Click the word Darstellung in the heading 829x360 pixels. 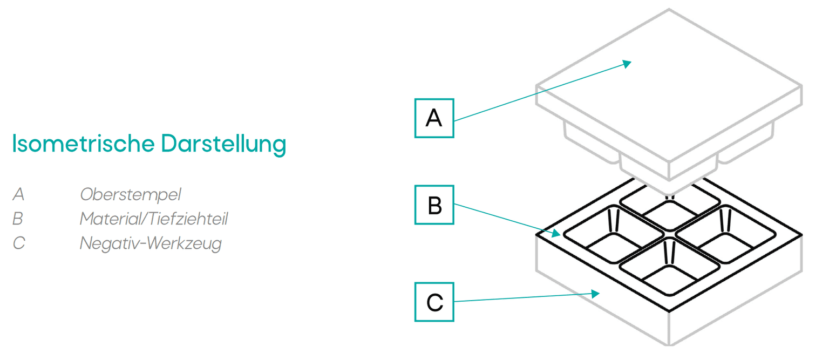pyautogui.click(x=223, y=145)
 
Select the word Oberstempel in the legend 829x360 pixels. pyautogui.click(x=130, y=194)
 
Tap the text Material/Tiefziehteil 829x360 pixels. pyautogui.click(x=154, y=219)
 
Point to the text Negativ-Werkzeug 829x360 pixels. pyautogui.click(x=151, y=243)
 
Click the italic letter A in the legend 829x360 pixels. pyautogui.click(x=18, y=194)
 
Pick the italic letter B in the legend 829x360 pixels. pyautogui.click(x=18, y=219)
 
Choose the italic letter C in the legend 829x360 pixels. pyautogui.click(x=18, y=243)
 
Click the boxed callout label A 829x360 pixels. pyautogui.click(x=434, y=118)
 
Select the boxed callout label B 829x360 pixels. pyautogui.click(x=434, y=205)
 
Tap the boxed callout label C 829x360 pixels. pyautogui.click(x=434, y=302)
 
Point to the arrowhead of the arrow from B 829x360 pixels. pyautogui.click(x=557, y=234)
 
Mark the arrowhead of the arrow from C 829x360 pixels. pyautogui.click(x=597, y=294)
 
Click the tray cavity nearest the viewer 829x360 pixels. pyautogui.click(x=669, y=270)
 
